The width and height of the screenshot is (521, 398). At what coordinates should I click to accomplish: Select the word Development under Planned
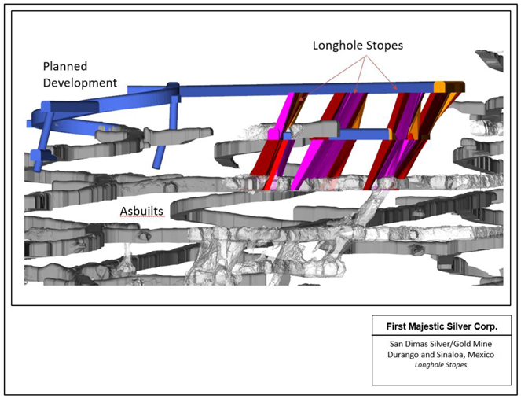point(82,82)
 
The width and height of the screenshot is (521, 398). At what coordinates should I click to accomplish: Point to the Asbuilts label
point(141,211)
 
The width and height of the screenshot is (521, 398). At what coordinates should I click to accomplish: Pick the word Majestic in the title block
point(427,325)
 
